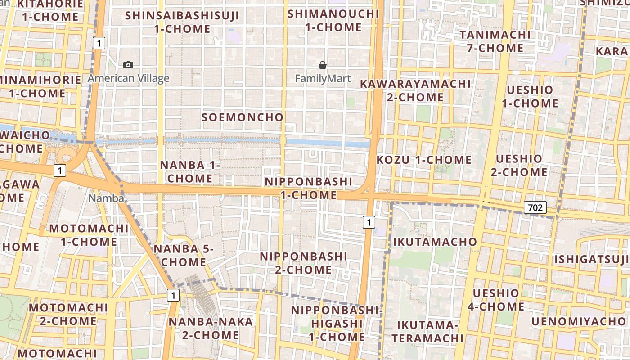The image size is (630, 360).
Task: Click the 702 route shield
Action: (535, 207)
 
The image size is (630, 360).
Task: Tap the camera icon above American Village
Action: (128, 65)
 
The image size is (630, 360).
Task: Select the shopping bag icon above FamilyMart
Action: (322, 65)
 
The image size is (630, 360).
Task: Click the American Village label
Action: (128, 79)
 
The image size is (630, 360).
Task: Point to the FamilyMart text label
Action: (323, 79)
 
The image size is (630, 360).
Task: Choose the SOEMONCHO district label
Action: (243, 117)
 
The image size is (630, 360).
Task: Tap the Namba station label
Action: (106, 198)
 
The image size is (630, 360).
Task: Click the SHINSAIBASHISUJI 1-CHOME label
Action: (182, 22)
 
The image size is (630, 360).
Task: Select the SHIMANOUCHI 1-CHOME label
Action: (333, 20)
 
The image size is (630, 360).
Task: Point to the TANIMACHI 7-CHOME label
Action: (495, 41)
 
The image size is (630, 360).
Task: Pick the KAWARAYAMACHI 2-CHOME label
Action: (415, 90)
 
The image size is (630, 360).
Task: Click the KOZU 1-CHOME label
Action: (424, 160)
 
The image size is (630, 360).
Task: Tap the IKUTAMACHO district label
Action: (435, 242)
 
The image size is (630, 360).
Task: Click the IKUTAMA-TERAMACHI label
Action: (427, 331)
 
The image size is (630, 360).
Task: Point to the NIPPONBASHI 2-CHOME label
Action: (304, 263)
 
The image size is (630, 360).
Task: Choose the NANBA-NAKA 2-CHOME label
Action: (211, 328)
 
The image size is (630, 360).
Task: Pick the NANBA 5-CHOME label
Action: (184, 255)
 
